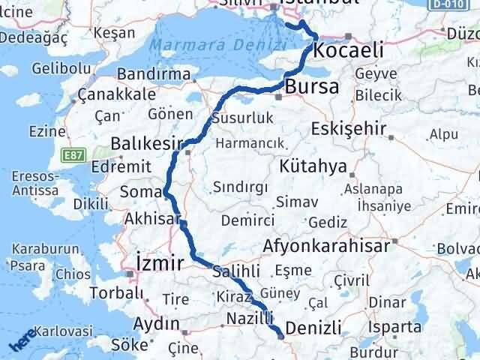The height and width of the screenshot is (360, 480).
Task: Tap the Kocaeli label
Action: coord(349,50)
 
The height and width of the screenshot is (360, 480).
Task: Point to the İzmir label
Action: coord(158,263)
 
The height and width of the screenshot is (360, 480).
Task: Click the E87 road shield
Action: coord(74,153)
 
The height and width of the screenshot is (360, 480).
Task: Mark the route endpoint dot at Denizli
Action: coord(280,336)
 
